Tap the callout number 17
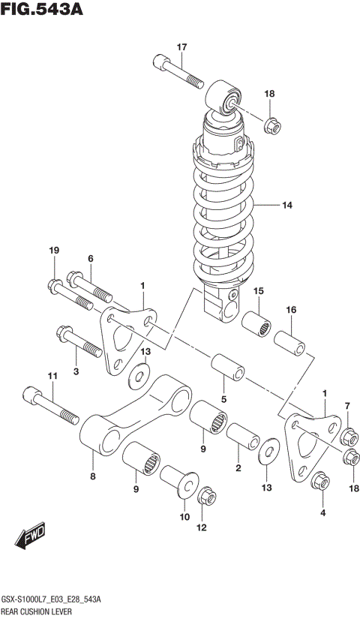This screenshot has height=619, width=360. click(x=181, y=48)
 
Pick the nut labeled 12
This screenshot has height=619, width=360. click(x=205, y=497)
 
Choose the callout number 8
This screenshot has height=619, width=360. click(x=93, y=475)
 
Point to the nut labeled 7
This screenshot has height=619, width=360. click(x=348, y=437)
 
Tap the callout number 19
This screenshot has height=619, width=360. click(x=54, y=250)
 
